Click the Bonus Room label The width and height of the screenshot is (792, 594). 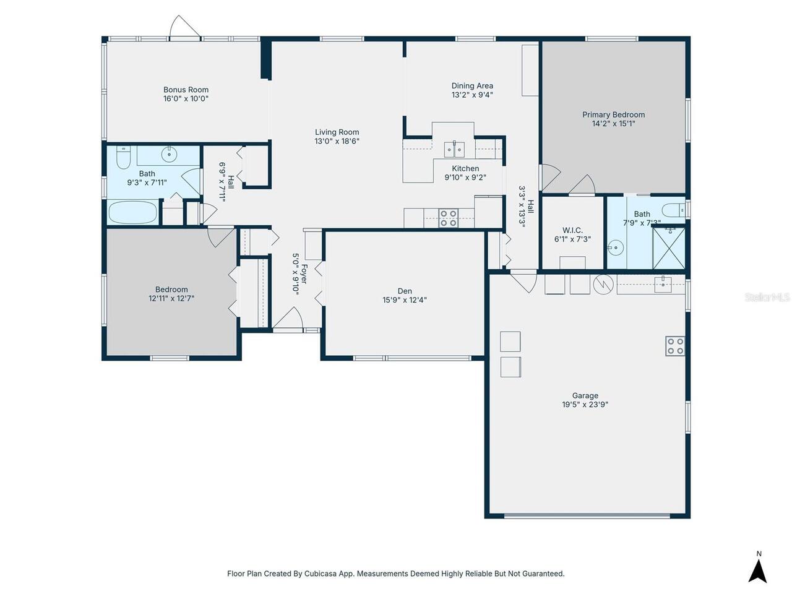pyautogui.click(x=186, y=90)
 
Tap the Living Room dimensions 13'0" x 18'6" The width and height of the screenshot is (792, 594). pyautogui.click(x=337, y=141)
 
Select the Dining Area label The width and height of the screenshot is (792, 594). pyautogui.click(x=472, y=86)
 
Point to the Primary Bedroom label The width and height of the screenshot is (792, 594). pyautogui.click(x=613, y=114)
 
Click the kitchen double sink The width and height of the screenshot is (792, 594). pyautogui.click(x=454, y=149)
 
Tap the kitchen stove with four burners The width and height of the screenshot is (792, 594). pyautogui.click(x=448, y=218)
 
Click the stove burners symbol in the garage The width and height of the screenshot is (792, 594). pyautogui.click(x=675, y=346)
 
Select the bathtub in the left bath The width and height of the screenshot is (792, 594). pyautogui.click(x=133, y=213)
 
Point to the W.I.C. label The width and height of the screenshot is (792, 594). pyautogui.click(x=572, y=230)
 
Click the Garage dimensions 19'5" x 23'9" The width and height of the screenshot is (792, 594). pyautogui.click(x=585, y=405)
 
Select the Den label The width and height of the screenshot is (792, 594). pyautogui.click(x=405, y=291)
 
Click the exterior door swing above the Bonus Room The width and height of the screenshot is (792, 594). pyautogui.click(x=185, y=27)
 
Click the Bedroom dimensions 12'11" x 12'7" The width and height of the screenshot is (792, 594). pyautogui.click(x=171, y=298)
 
